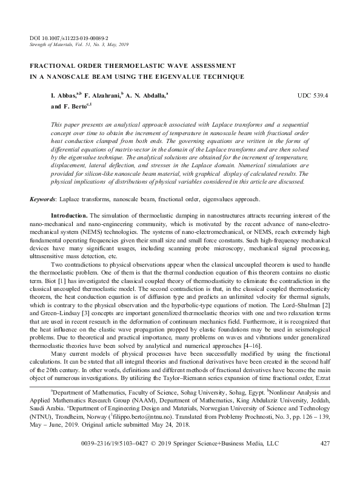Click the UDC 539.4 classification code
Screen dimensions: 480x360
(x=313, y=96)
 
